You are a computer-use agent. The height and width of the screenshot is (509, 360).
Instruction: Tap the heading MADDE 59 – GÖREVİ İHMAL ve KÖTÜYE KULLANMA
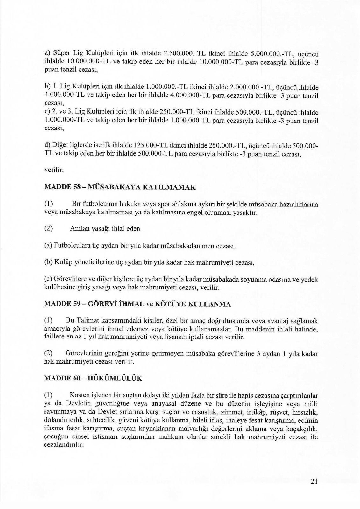point(137,304)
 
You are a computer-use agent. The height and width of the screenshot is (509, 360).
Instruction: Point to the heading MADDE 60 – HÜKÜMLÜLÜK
point(93,378)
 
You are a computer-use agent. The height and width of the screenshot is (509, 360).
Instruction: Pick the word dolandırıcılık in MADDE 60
point(62,420)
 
